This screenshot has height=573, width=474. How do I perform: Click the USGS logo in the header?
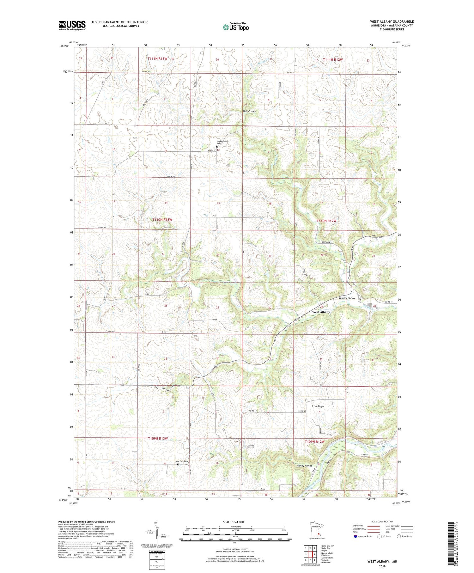(72, 25)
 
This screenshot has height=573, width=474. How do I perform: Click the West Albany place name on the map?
(321, 312)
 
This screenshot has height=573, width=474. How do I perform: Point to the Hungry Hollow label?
(347, 298)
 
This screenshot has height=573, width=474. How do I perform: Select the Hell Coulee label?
(249, 111)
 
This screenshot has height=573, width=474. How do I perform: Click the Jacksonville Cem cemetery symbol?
(217, 146)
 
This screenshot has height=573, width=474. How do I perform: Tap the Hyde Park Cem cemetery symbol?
(178, 464)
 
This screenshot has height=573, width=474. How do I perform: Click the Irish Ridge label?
(318, 406)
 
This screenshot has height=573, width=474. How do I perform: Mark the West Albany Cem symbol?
(371, 241)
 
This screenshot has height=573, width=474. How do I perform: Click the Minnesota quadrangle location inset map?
(317, 529)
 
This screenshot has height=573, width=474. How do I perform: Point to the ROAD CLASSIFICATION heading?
(382, 521)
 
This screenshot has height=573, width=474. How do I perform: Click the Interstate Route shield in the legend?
(355, 536)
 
